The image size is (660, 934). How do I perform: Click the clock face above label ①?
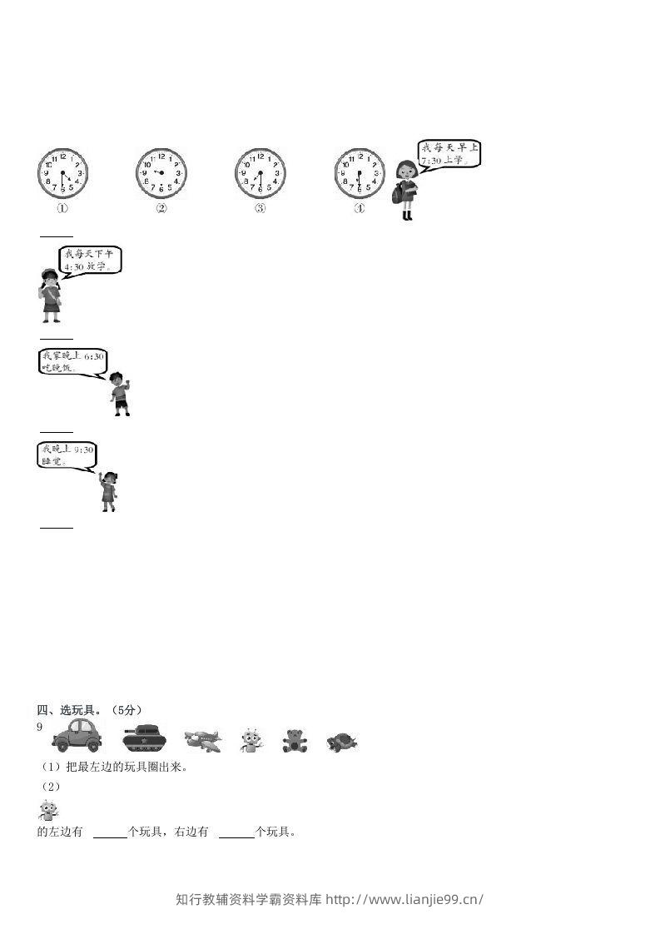click(62, 174)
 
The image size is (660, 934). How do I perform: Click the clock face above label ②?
click(161, 173)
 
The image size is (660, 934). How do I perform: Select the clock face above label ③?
click(261, 173)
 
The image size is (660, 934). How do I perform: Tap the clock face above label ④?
click(360, 173)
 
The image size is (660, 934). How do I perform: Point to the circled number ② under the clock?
click(161, 209)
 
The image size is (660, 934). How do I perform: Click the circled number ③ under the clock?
click(260, 209)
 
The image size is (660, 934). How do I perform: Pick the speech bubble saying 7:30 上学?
click(449, 154)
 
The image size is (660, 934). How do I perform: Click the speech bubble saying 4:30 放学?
click(92, 260)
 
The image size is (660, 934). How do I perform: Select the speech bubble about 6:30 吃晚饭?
click(73, 362)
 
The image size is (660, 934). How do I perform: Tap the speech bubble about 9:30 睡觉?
click(67, 455)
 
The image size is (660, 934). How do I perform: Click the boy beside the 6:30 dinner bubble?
click(121, 394)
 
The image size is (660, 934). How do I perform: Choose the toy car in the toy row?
click(76, 737)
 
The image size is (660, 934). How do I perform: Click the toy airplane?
click(203, 740)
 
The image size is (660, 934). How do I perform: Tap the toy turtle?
click(341, 742)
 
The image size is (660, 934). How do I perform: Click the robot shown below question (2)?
click(48, 810)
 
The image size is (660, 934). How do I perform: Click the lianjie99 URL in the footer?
click(404, 899)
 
